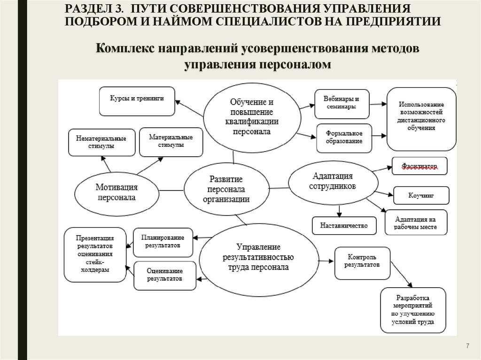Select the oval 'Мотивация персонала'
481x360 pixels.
117,193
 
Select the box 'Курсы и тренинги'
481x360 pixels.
137,100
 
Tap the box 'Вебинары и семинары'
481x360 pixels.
341,103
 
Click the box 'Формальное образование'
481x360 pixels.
344,138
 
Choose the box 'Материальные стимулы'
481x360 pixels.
171,141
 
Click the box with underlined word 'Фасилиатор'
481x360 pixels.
419,167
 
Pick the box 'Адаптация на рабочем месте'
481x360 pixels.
416,223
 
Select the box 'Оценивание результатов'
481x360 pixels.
164,275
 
